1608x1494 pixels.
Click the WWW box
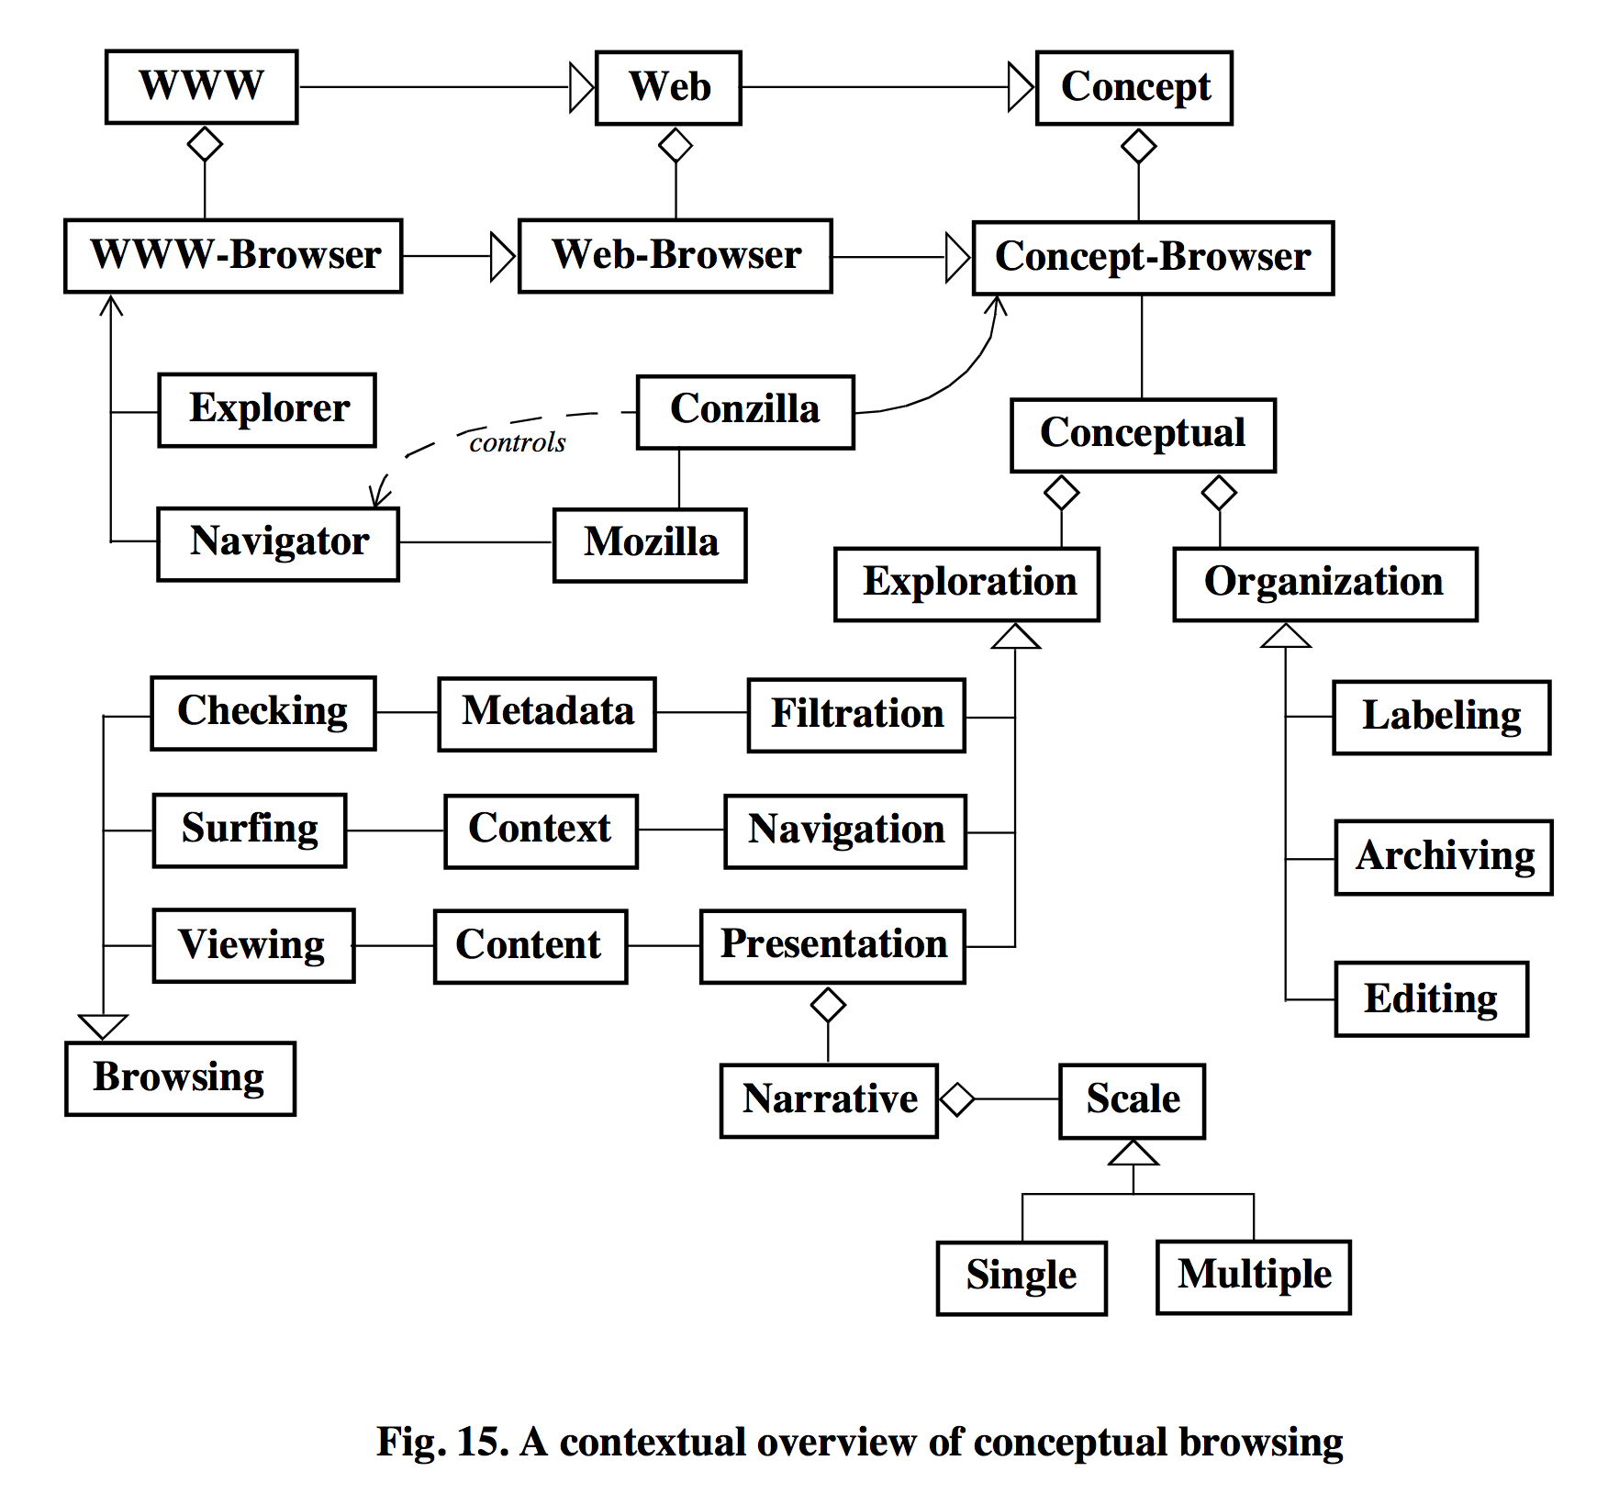pyautogui.click(x=201, y=86)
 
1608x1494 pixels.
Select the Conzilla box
pyautogui.click(x=744, y=411)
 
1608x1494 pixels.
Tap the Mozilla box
pyautogui.click(x=650, y=544)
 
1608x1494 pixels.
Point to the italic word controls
pyautogui.click(x=518, y=443)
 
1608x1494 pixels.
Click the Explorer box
pyautogui.click(x=267, y=409)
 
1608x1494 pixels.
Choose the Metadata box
pyautogui.click(x=547, y=714)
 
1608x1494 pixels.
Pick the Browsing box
pyautogui.click(x=180, y=1078)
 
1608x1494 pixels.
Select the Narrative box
pyautogui.click(x=829, y=1100)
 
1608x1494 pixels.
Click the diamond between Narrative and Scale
pyautogui.click(x=957, y=1099)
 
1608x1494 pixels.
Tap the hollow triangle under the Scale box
pyautogui.click(x=1133, y=1154)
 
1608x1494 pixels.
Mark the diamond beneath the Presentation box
pyautogui.click(x=828, y=1005)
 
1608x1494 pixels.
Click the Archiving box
pyautogui.click(x=1443, y=857)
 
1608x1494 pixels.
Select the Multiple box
pyautogui.click(x=1253, y=1277)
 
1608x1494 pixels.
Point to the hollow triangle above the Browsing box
pyautogui.click(x=103, y=1026)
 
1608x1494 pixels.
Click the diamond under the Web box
pyautogui.click(x=676, y=145)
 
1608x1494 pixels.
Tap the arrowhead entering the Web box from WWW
pyautogui.click(x=582, y=87)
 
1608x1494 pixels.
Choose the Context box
pyautogui.click(x=541, y=831)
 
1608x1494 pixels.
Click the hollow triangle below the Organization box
pyautogui.click(x=1285, y=636)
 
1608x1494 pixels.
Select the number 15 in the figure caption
pyautogui.click(x=477, y=1442)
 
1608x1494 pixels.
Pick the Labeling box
pyautogui.click(x=1441, y=717)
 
